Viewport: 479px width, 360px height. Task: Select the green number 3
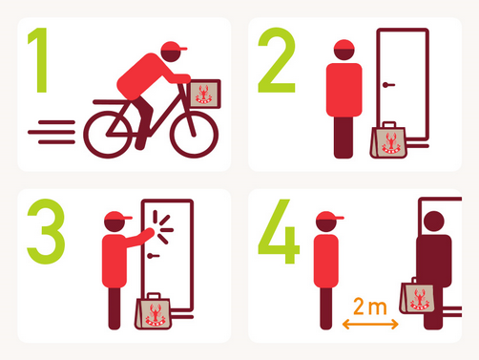[x=47, y=231]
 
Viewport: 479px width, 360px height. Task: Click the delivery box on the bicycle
[x=205, y=95]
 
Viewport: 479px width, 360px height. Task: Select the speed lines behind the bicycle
[x=52, y=132]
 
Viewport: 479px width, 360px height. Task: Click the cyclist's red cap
[x=174, y=47]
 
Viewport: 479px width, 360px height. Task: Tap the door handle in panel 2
[x=388, y=85]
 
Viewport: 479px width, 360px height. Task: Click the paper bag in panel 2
[x=388, y=141]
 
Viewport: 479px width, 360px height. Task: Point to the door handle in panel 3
[x=153, y=256]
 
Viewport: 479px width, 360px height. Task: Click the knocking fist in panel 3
[x=150, y=232]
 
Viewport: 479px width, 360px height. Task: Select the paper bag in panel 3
[x=154, y=312]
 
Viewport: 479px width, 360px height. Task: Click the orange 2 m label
[x=370, y=307]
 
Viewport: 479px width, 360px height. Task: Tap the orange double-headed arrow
[x=370, y=325]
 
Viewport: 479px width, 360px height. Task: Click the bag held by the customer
[x=418, y=296]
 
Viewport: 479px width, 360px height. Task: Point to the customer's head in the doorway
[x=434, y=221]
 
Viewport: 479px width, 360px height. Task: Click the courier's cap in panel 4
[x=328, y=217]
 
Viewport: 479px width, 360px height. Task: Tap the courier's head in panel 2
[x=344, y=50]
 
